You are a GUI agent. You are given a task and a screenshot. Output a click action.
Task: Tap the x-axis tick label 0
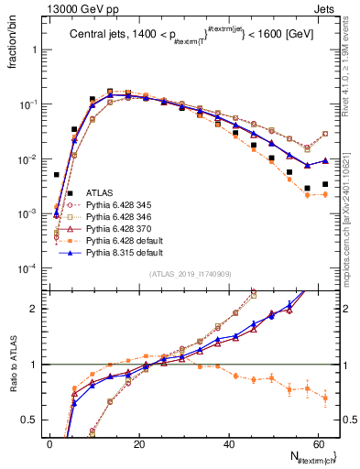[x=49, y=444]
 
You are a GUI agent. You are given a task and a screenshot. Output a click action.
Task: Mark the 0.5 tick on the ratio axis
[x=29, y=420]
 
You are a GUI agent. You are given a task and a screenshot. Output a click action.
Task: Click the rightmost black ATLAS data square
[x=325, y=184]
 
